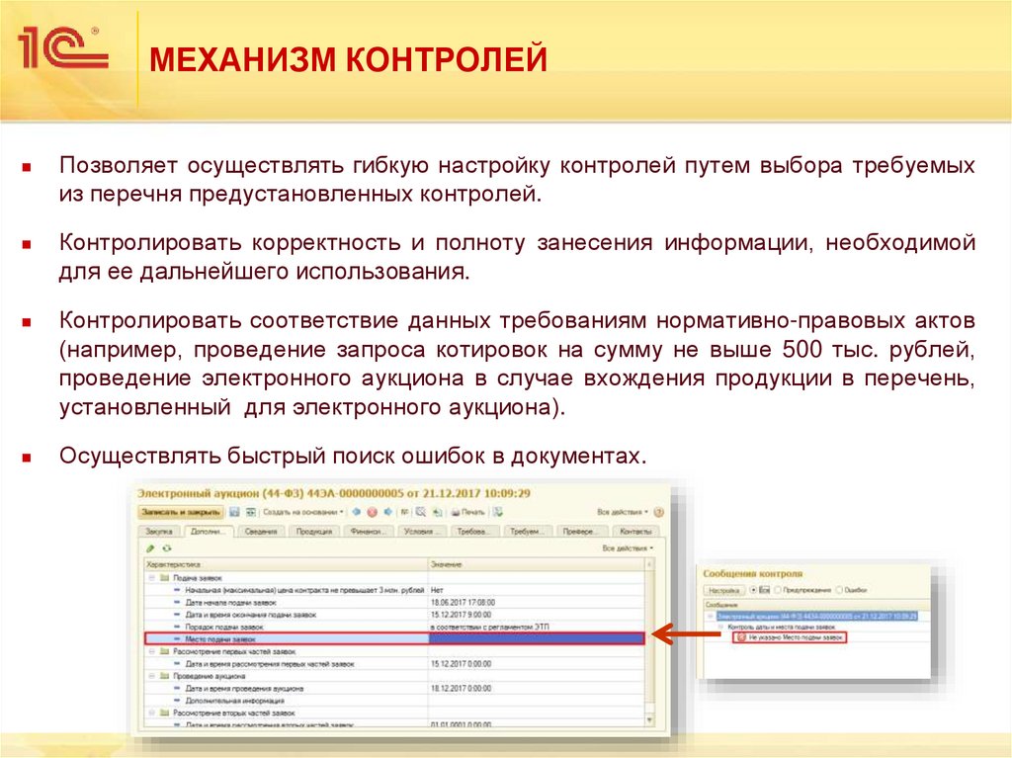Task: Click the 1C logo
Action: pos(61,48)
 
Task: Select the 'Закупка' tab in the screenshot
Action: pos(158,531)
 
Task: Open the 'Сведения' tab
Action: pos(261,531)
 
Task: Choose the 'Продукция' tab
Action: pos(314,531)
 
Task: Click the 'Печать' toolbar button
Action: pos(468,512)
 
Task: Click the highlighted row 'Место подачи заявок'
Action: pos(287,638)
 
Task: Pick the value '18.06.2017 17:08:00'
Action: pos(463,601)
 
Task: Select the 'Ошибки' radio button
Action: pos(855,589)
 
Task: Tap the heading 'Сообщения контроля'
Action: pos(752,572)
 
